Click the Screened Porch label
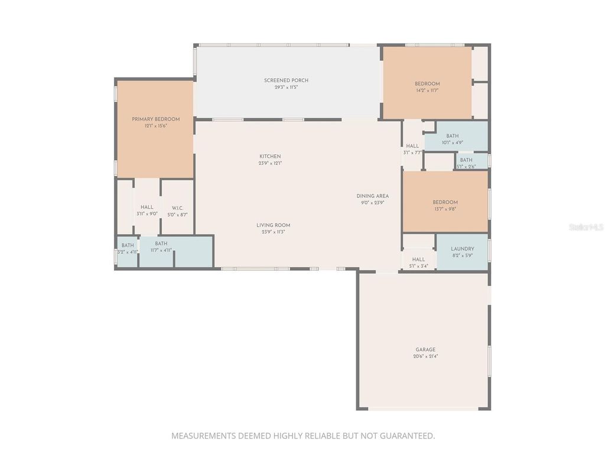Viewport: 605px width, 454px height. click(286, 80)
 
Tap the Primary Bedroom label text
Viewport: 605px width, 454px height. click(155, 119)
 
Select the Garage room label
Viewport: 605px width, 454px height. click(425, 349)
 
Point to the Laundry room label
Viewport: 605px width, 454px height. click(462, 249)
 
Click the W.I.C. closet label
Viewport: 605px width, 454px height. click(177, 207)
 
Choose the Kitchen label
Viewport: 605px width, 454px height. click(270, 156)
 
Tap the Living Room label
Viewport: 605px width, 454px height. click(273, 225)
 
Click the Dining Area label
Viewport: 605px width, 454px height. click(372, 196)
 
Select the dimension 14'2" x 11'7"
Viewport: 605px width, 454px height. click(427, 90)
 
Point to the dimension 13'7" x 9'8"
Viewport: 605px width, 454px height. click(445, 209)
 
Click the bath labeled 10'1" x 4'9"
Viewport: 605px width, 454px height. click(453, 136)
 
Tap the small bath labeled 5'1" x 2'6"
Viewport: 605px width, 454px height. click(466, 160)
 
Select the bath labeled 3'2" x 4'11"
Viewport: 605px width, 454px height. click(128, 245)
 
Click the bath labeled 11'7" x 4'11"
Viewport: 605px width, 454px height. click(161, 244)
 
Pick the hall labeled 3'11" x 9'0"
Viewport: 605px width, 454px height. click(147, 207)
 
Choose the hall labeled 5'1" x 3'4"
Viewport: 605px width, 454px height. click(418, 259)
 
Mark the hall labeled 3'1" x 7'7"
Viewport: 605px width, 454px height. click(412, 146)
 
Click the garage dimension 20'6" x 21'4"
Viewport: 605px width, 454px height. click(425, 356)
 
